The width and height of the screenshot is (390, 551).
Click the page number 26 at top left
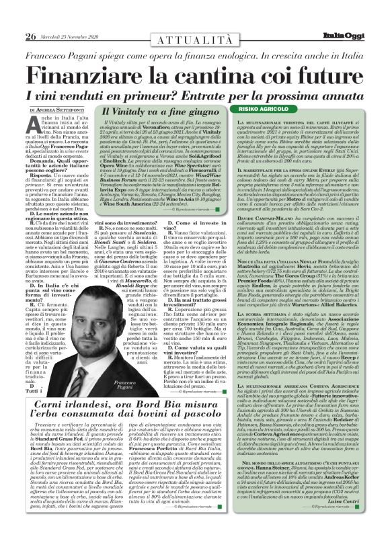(30, 17)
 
